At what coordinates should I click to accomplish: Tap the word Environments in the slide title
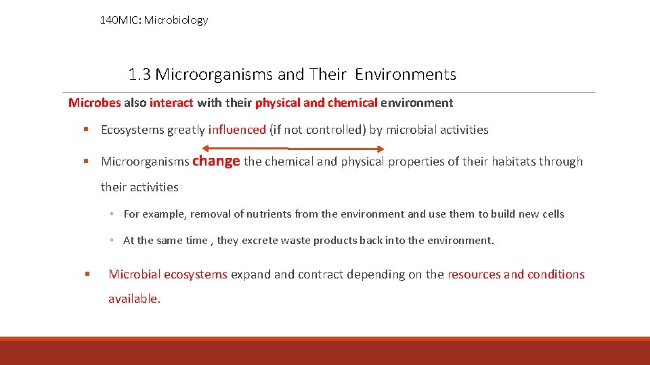pyautogui.click(x=406, y=74)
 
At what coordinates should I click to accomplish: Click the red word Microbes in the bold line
pyautogui.click(x=95, y=103)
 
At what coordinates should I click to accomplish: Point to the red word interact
pyautogui.click(x=171, y=103)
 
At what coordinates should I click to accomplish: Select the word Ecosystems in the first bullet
pyautogui.click(x=133, y=130)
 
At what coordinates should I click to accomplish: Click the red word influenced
pyautogui.click(x=237, y=130)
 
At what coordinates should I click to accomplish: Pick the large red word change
pyautogui.click(x=216, y=162)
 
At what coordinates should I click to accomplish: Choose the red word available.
pyautogui.click(x=134, y=299)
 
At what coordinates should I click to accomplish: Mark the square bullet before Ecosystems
pyautogui.click(x=86, y=130)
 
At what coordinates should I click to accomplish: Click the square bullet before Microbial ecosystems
pyautogui.click(x=87, y=274)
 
